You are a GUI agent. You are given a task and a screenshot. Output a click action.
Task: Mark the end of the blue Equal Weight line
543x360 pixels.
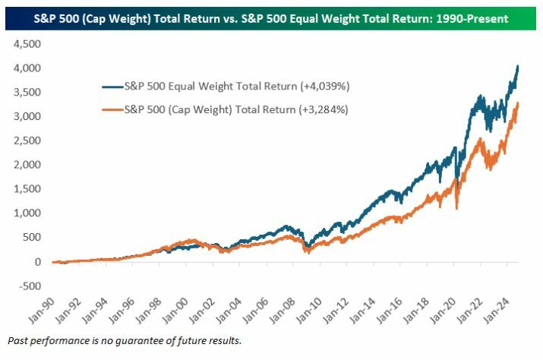518,66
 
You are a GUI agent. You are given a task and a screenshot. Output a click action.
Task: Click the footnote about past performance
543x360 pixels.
124,339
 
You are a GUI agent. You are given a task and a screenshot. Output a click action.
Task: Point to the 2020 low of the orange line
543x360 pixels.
456,208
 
